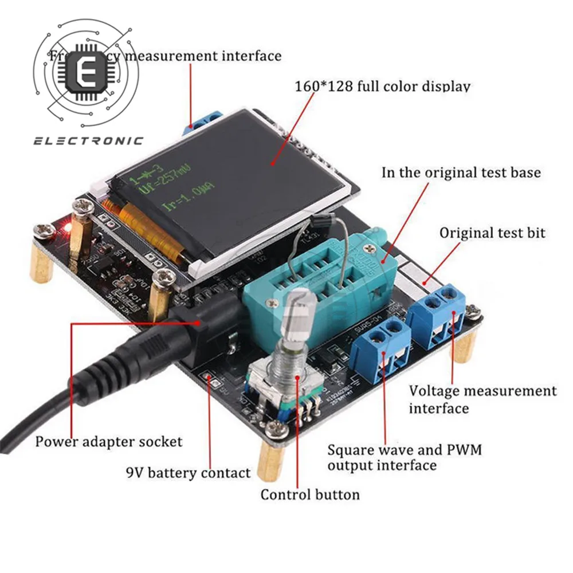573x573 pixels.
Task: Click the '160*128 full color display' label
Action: [x=382, y=87]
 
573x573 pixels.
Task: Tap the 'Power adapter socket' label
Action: [x=109, y=442]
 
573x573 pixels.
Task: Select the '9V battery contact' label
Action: [x=188, y=473]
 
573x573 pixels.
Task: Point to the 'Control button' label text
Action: [x=310, y=494]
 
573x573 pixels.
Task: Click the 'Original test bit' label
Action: [x=492, y=233]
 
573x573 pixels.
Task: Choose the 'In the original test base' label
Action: [x=461, y=172]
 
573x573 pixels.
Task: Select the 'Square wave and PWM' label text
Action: [x=405, y=450]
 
